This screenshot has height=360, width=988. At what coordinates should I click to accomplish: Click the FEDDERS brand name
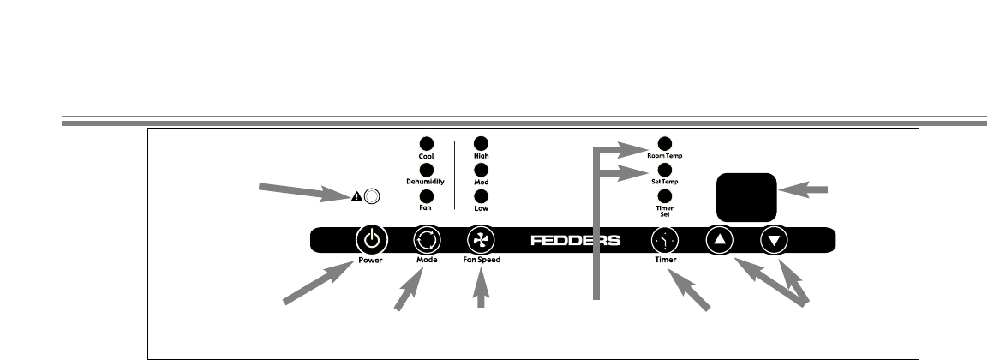click(x=575, y=240)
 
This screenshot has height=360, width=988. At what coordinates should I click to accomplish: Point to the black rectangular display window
click(x=746, y=195)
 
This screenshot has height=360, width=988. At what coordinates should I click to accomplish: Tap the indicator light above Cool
click(x=426, y=144)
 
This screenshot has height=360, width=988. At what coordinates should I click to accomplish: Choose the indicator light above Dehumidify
click(x=426, y=170)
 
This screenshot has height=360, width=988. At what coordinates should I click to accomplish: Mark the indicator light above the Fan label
click(x=426, y=195)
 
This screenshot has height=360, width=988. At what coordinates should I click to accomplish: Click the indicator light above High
click(x=482, y=144)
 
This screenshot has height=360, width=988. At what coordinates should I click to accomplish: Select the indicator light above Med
click(x=482, y=170)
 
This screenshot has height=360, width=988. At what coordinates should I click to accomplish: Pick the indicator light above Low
click(x=482, y=195)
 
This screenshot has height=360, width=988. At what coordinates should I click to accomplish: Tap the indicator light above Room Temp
click(x=664, y=143)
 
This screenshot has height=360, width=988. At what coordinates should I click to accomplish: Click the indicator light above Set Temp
click(x=664, y=170)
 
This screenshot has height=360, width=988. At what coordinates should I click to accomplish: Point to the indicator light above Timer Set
click(x=664, y=195)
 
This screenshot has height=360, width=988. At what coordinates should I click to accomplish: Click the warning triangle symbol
click(x=356, y=196)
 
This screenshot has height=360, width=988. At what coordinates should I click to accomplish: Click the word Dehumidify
click(x=426, y=183)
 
